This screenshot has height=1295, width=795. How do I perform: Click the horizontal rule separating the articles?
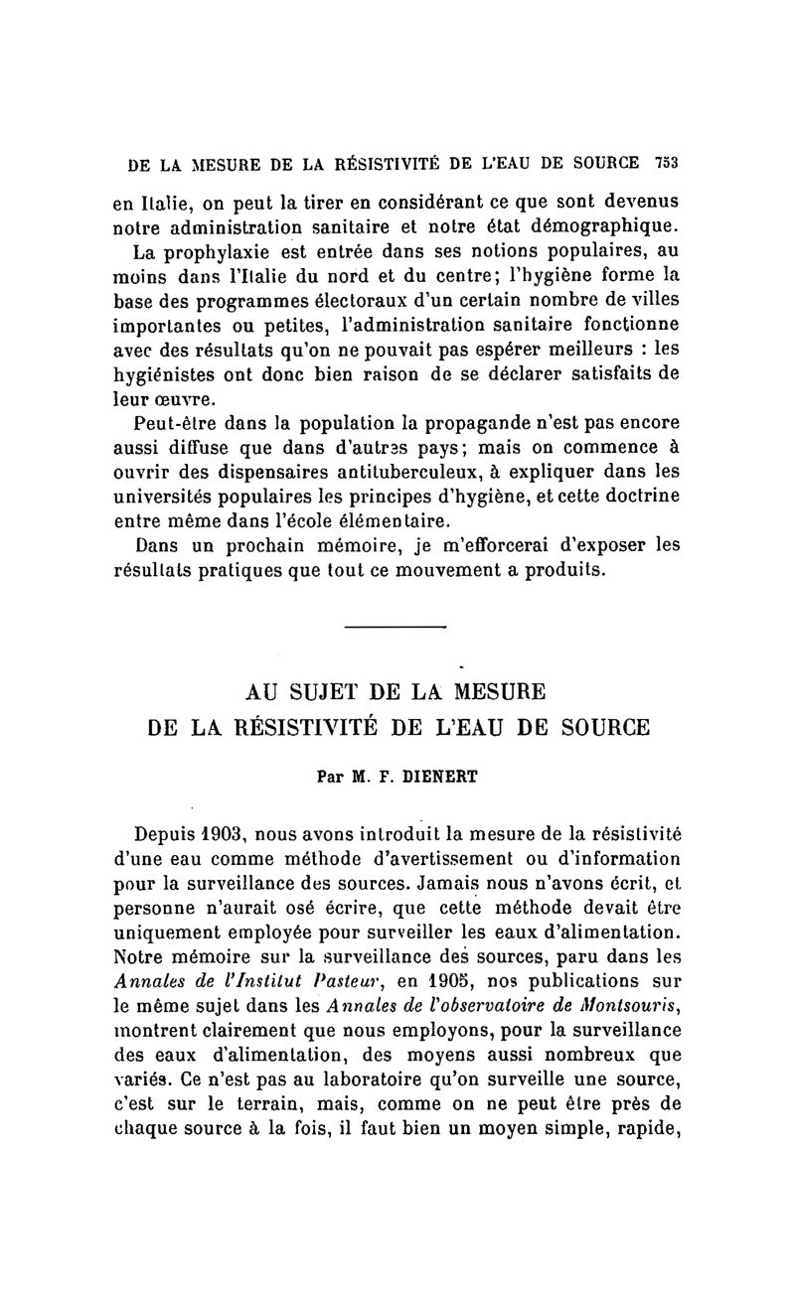tap(397, 626)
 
